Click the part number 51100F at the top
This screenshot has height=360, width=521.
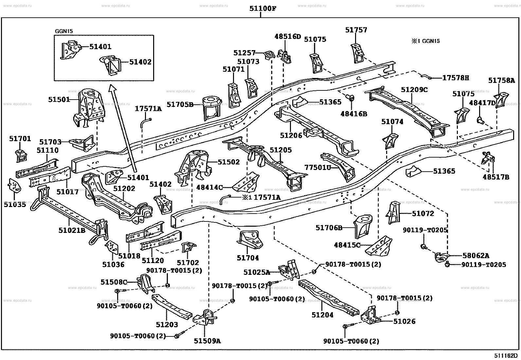(263, 9)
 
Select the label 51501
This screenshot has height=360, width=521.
(59, 100)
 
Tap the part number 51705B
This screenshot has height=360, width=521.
(180, 104)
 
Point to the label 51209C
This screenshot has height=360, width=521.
(414, 90)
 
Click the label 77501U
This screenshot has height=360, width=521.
(318, 167)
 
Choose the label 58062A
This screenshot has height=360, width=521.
(476, 256)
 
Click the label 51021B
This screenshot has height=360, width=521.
(72, 230)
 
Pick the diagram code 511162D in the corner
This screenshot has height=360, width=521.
(506, 355)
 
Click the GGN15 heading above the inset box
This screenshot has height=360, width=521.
(64, 31)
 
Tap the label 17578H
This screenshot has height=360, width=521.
(456, 78)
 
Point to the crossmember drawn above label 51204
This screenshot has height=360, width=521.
(329, 297)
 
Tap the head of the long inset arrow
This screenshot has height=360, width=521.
(112, 88)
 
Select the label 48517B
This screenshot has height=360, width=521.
(496, 177)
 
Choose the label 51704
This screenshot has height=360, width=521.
(248, 258)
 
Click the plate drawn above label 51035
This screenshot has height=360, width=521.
(15, 186)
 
